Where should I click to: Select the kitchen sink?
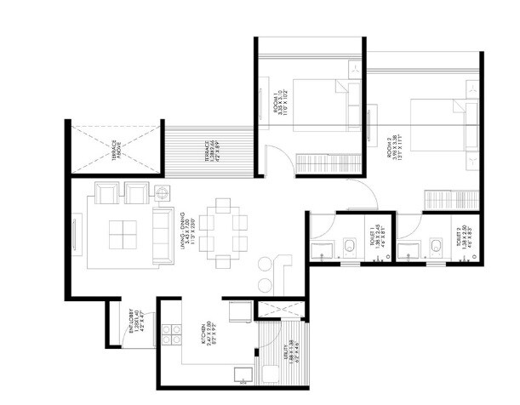tap(240, 372)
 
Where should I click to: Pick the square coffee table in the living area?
tap(124, 232)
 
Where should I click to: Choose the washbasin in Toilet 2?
tap(411, 250)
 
